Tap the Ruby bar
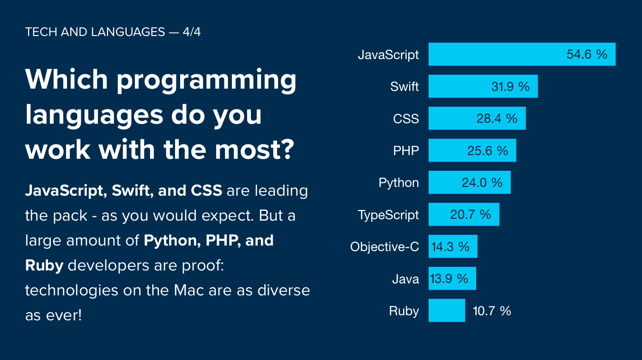click(446, 311)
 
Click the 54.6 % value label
click(587, 54)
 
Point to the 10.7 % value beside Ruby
click(492, 311)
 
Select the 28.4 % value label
click(497, 119)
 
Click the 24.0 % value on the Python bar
click(482, 183)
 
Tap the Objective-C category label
click(384, 247)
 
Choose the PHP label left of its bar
click(406, 151)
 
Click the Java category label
click(406, 279)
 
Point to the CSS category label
click(406, 119)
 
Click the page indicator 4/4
click(191, 32)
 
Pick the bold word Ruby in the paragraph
click(44, 266)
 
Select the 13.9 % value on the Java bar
click(449, 279)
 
